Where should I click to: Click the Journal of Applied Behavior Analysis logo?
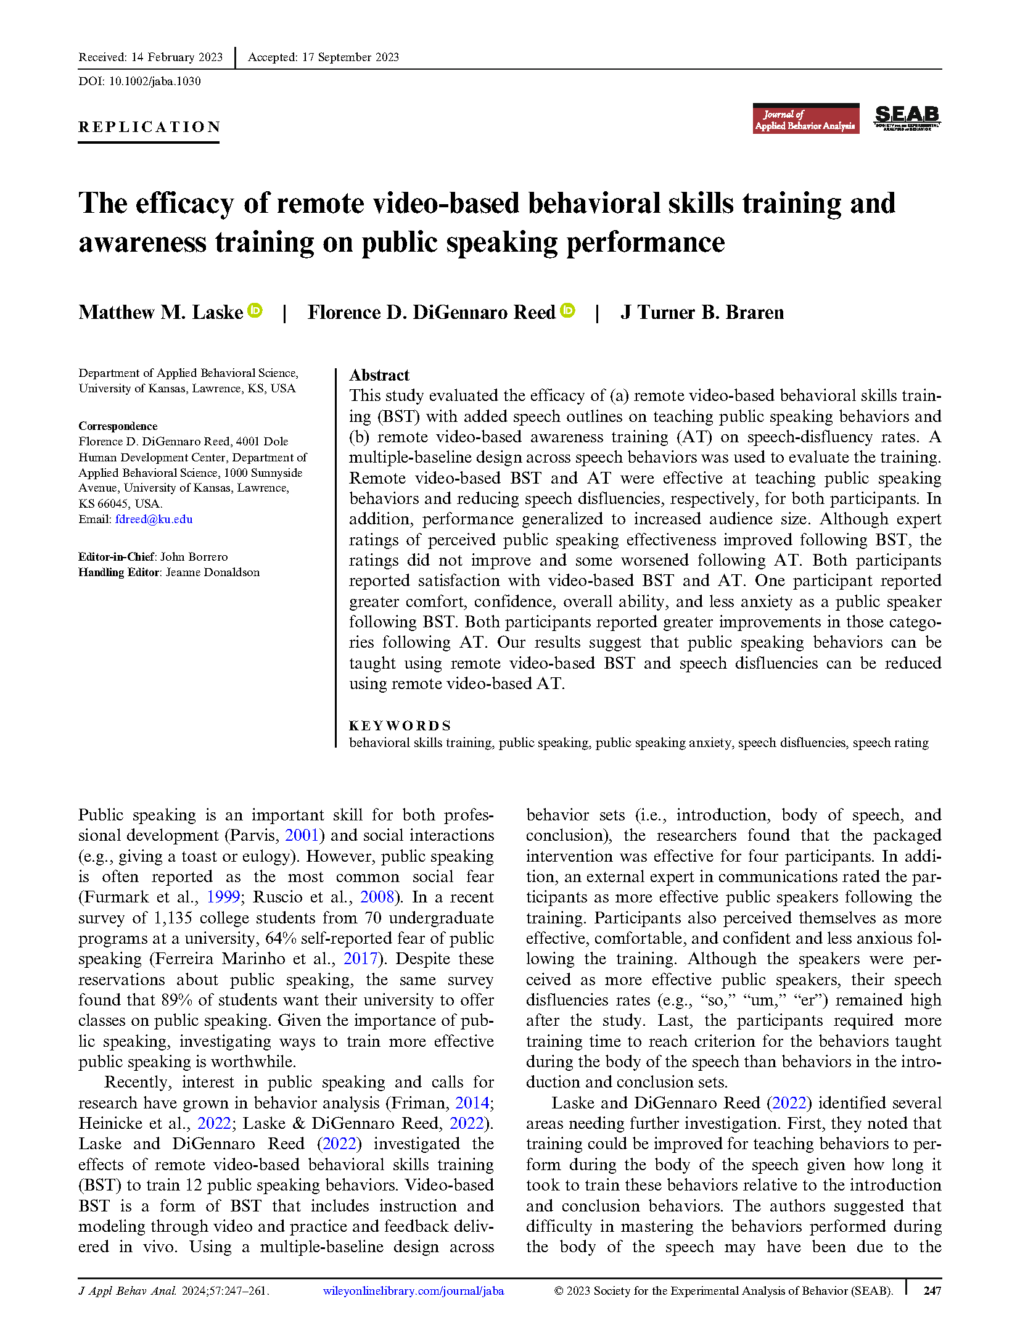(805, 119)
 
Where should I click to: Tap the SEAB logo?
(907, 117)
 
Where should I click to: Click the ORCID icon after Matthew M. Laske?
(255, 311)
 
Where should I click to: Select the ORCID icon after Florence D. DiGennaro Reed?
(568, 311)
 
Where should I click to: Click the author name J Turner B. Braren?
(702, 313)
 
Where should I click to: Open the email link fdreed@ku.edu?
(154, 519)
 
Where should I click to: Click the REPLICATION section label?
(149, 127)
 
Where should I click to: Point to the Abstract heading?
(379, 375)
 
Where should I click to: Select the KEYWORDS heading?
(400, 725)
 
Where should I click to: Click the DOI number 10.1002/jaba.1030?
(154, 81)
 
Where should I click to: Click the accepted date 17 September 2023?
(350, 57)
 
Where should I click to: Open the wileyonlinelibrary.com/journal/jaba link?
(413, 1290)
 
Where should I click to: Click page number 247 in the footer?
(932, 1290)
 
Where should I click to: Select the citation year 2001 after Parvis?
(302, 835)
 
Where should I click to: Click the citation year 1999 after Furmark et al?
(223, 897)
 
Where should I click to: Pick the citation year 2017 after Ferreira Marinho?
(360, 959)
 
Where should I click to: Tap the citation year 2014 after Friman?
(472, 1102)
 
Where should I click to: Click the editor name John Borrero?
(194, 556)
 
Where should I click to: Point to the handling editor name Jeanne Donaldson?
(212, 572)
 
